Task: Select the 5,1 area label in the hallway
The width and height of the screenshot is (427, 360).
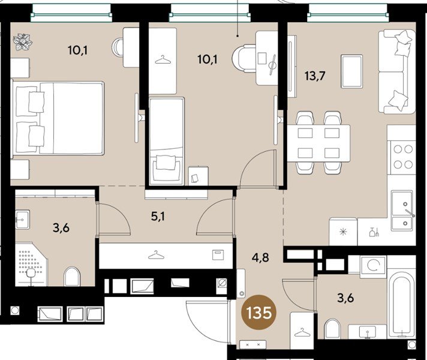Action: pos(158,217)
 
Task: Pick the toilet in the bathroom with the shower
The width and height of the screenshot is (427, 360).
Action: pos(73,277)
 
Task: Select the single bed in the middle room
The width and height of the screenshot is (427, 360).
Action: pos(165,141)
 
